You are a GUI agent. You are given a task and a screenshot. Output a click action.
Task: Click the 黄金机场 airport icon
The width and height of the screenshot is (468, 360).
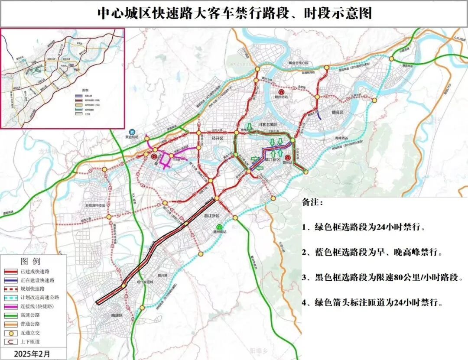[132, 132]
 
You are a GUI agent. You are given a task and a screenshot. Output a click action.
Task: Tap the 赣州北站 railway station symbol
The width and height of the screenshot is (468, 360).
[281, 92]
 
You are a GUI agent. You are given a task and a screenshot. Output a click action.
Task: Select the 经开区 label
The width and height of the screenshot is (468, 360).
[216, 138]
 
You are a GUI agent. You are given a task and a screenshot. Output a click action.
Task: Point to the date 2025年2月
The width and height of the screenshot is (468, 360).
[32, 354]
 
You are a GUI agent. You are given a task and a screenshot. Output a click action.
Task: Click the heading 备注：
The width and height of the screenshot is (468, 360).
[312, 203]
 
